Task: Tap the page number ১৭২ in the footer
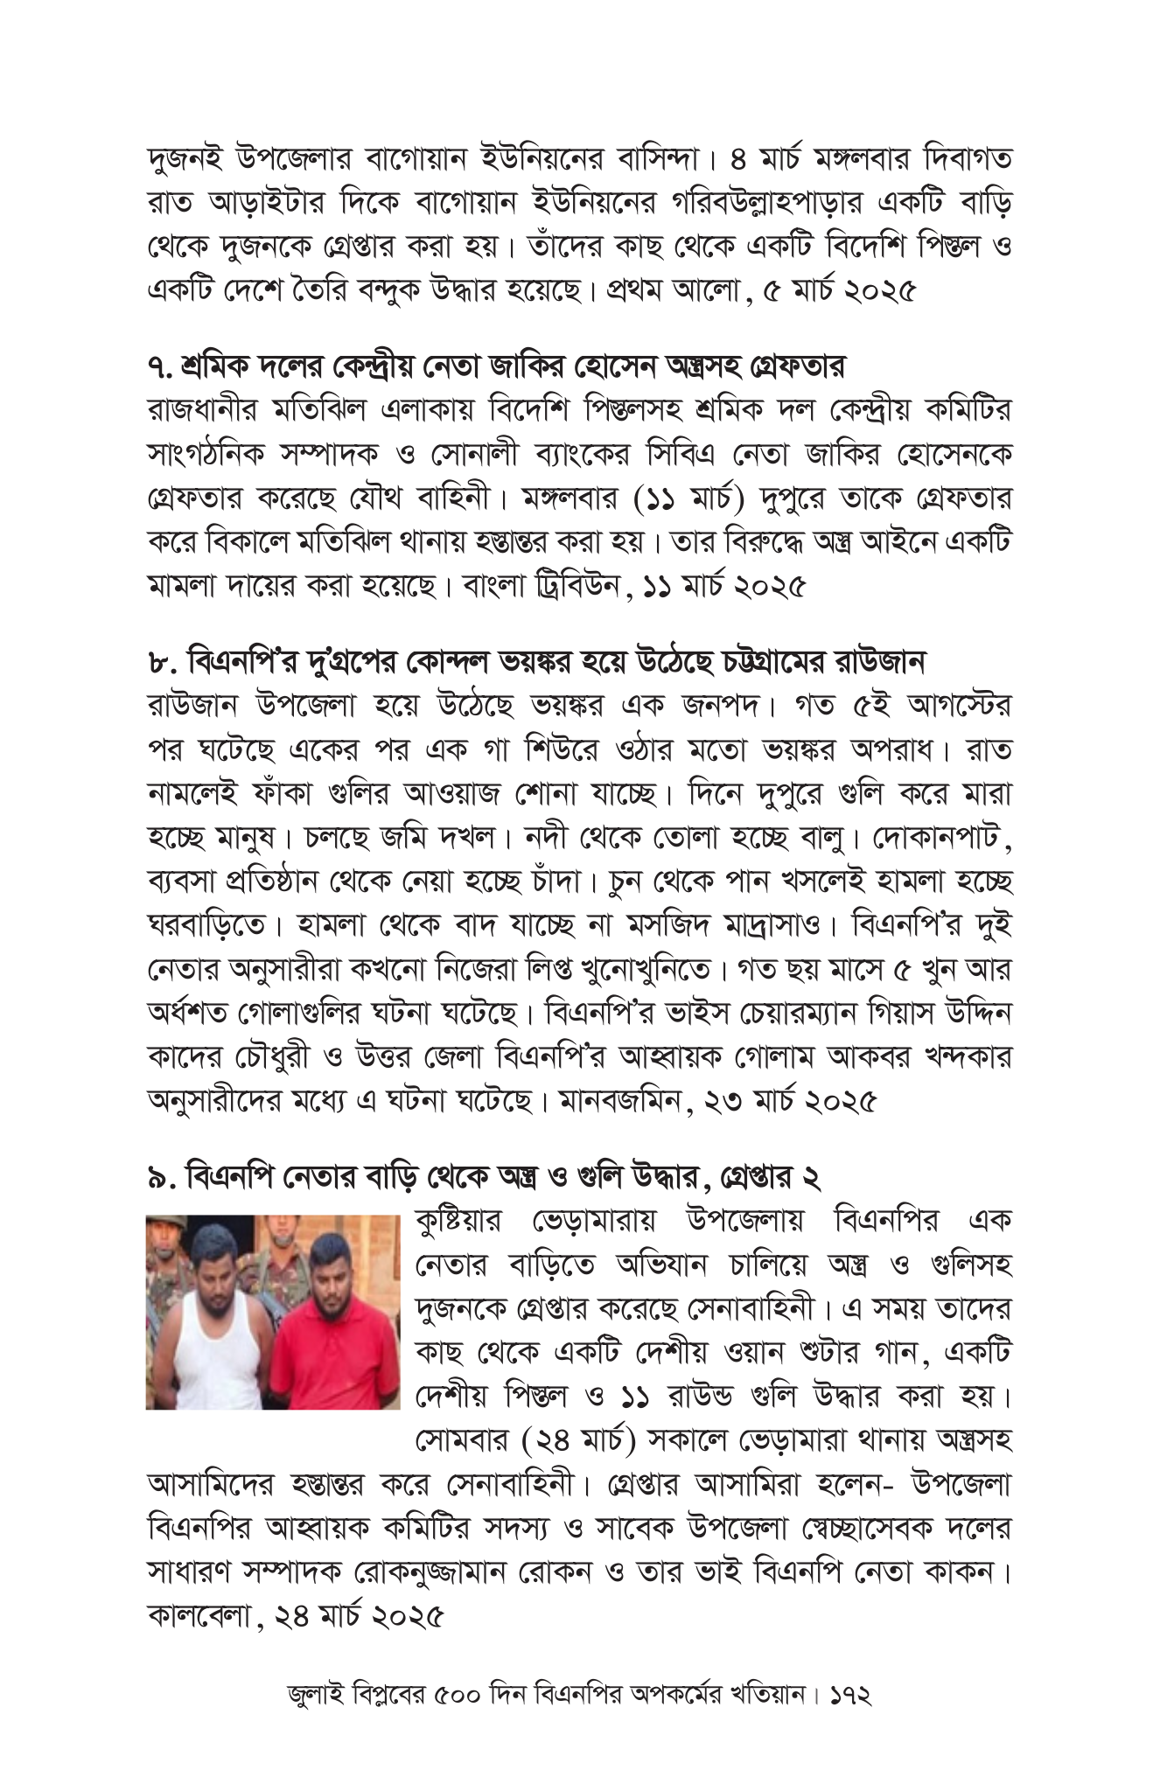coord(847,1695)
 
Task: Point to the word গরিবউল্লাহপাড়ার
coord(713,203)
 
